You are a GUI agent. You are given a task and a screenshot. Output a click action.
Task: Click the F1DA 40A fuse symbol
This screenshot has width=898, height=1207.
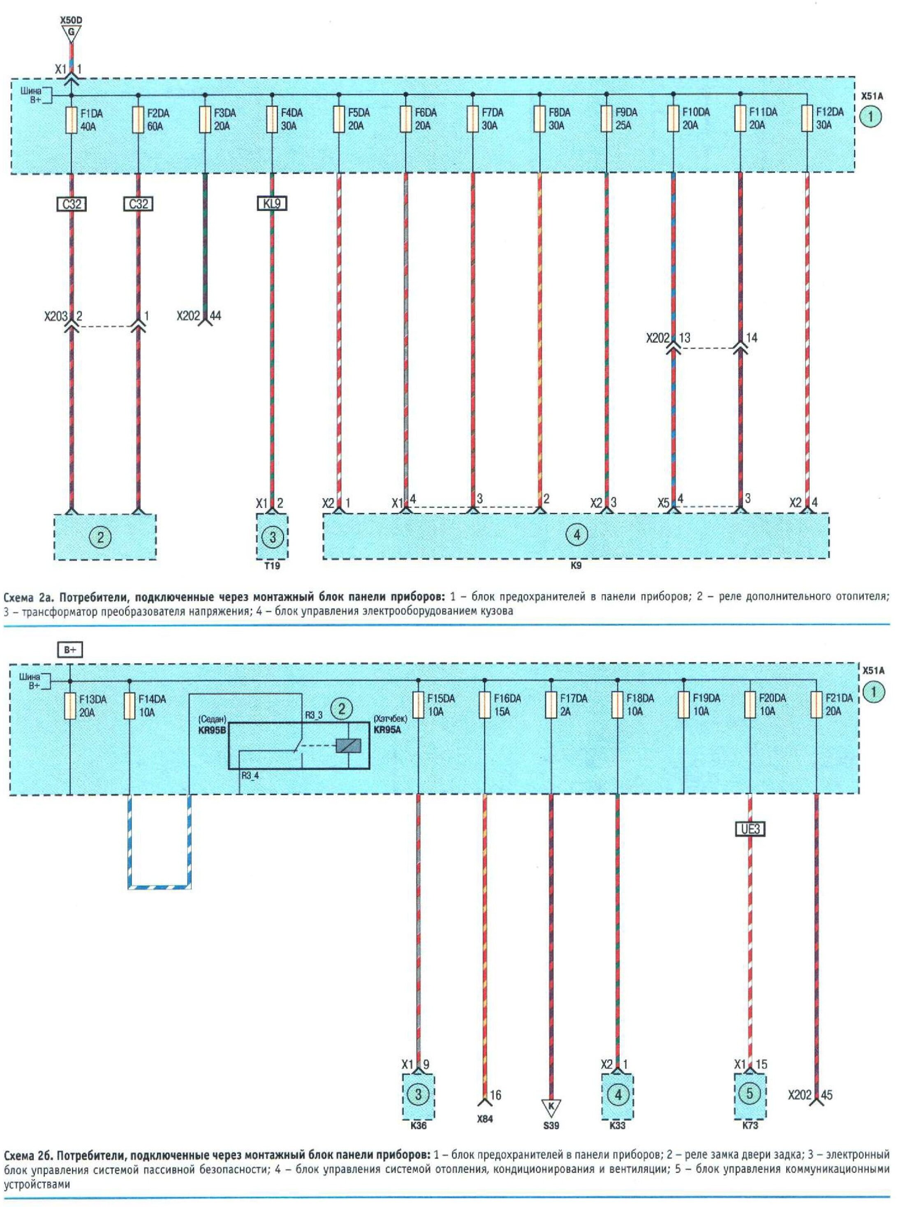71,120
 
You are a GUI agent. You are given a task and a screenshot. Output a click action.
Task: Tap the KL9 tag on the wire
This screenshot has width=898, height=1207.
272,204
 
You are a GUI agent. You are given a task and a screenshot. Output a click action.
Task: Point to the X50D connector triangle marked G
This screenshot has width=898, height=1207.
71,33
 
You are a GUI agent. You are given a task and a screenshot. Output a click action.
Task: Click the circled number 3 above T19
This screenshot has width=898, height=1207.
272,537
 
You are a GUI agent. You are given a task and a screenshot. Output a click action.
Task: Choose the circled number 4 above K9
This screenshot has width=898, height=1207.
577,535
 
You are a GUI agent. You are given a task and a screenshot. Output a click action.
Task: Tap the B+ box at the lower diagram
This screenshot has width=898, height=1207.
70,650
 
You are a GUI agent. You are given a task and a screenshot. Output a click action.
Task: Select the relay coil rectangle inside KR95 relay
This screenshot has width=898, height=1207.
348,746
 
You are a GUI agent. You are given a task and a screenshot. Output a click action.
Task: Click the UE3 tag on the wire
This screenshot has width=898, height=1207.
750,829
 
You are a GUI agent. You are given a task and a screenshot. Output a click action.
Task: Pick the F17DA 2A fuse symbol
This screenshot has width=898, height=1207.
551,704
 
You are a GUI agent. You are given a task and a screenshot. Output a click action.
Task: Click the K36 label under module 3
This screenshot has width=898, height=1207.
418,1126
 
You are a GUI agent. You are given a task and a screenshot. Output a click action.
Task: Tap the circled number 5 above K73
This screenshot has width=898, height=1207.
750,1093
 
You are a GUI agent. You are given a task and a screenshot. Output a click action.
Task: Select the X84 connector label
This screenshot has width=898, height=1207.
484,1119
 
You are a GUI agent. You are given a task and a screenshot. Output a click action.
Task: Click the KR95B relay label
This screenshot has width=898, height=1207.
212,731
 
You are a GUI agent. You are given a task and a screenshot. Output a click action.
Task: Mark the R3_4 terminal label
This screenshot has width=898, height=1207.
250,776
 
